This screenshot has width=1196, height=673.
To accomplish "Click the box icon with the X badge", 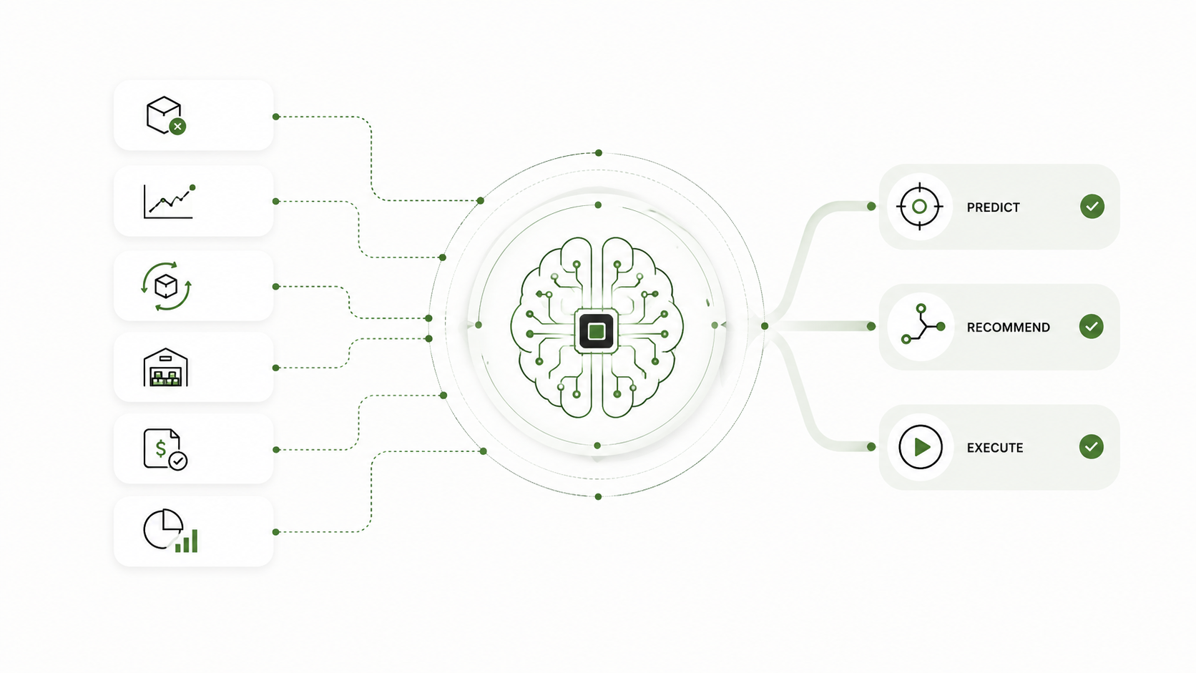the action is click(x=166, y=115).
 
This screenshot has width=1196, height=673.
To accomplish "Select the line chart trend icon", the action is click(x=169, y=201).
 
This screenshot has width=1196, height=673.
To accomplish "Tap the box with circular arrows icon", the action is click(x=166, y=286).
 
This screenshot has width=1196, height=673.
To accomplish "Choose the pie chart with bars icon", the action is click(x=170, y=531).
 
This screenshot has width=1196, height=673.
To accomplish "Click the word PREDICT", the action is click(x=993, y=207).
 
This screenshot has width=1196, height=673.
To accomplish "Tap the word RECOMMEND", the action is click(x=1008, y=327).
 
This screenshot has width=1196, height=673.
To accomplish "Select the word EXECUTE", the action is click(x=995, y=448).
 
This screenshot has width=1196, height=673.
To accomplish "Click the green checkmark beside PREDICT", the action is click(x=1092, y=207).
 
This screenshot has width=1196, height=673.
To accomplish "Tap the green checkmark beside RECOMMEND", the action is click(x=1091, y=326).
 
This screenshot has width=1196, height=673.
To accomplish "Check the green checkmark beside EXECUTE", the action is click(x=1091, y=447).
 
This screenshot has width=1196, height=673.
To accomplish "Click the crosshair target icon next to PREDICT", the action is click(x=919, y=207).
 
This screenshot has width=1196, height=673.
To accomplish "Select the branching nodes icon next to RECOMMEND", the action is click(x=923, y=324).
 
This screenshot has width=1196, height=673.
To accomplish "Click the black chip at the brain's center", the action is click(x=597, y=331).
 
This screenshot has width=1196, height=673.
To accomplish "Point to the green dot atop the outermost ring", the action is click(x=599, y=153).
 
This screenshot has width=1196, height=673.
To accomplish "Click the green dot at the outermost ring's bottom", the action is click(x=598, y=497).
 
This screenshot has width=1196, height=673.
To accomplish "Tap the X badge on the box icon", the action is click(x=177, y=127).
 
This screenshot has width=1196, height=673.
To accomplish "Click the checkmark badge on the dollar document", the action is click(x=178, y=461).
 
